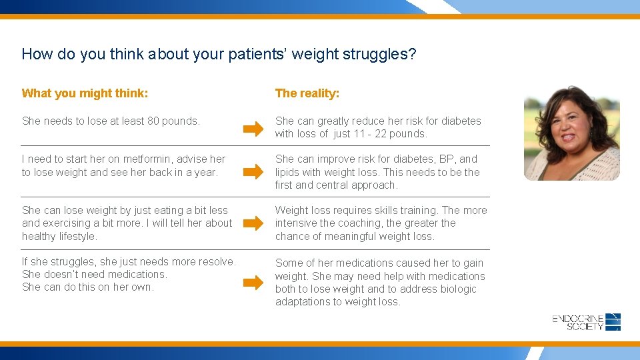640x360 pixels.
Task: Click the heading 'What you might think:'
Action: point(85,93)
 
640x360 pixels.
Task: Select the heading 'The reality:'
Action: point(307,93)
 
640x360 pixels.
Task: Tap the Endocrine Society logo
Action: point(587,322)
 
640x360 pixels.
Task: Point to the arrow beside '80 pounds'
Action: point(253,129)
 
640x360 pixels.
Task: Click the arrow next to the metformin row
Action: point(253,172)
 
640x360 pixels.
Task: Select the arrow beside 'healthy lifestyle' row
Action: point(253,224)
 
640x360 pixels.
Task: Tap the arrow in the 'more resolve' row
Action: point(253,283)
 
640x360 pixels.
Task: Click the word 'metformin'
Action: point(134,159)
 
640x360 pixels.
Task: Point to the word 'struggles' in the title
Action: point(379,54)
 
